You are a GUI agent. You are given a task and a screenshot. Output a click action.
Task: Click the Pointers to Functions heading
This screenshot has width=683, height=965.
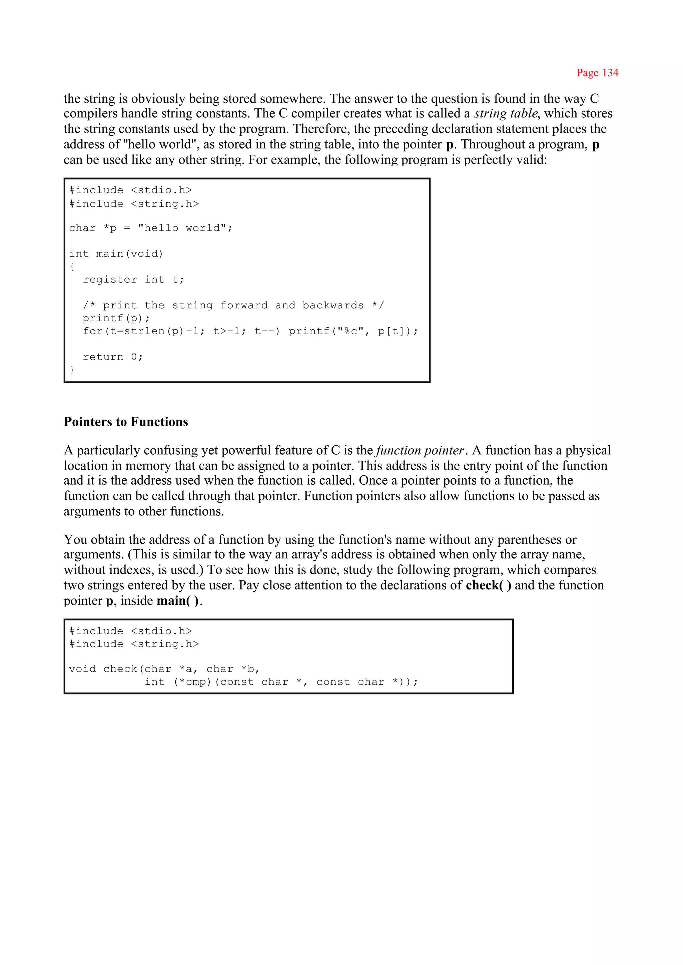(126, 422)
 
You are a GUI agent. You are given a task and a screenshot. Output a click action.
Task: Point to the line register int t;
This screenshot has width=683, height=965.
(133, 280)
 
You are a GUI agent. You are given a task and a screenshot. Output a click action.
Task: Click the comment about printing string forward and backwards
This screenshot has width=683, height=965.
(233, 306)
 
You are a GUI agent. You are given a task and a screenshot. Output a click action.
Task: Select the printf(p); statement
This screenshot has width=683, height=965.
(116, 318)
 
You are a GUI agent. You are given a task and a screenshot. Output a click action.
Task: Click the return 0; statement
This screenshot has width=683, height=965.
(113, 357)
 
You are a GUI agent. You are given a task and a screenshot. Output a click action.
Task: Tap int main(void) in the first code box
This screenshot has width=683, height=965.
(116, 254)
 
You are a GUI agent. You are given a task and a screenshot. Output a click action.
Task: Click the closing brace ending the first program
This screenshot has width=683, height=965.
(72, 369)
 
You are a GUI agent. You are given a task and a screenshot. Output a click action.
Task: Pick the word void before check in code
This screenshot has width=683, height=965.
(82, 669)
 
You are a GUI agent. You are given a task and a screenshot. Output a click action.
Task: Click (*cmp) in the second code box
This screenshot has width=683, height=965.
(192, 682)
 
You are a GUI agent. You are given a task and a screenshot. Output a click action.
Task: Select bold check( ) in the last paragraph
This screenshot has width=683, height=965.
(488, 585)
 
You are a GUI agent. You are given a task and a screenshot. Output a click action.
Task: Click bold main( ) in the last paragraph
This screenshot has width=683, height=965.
(178, 601)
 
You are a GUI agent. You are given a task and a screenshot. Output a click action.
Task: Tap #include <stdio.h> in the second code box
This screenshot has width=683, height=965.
(130, 631)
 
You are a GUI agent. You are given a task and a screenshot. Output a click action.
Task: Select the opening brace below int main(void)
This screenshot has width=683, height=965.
(72, 267)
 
